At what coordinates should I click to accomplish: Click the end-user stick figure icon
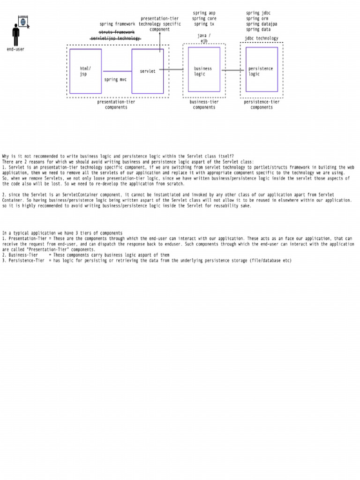coord(16,35)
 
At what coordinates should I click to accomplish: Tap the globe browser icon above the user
coord(23,21)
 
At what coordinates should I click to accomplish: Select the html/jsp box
coord(85,71)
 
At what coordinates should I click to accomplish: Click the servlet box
coord(148,71)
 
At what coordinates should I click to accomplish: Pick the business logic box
coord(204,69)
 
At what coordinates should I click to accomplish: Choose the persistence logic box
coord(262,69)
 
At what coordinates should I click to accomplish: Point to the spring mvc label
coord(115,80)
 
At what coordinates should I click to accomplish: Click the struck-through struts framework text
coord(116,32)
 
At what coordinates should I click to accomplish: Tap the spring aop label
coord(204,13)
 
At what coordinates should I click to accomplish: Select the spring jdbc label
coord(258,13)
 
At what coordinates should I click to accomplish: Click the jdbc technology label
coord(261,38)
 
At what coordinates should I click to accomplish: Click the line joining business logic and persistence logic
coord(232,70)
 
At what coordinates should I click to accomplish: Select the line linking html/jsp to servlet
coord(117,71)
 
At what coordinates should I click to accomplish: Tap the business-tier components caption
coord(204,105)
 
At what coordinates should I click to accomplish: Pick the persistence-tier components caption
coord(262,105)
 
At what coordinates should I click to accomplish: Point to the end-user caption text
coord(16,49)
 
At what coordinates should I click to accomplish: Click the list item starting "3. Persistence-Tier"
coord(147,261)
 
